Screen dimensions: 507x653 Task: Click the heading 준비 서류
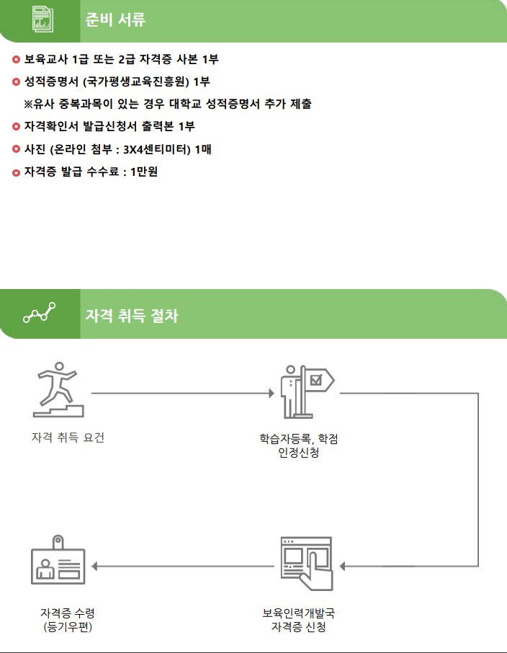[x=115, y=20]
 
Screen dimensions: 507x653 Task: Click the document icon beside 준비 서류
[x=43, y=20]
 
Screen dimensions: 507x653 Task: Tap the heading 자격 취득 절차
[x=132, y=316]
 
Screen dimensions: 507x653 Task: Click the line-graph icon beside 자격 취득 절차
[x=39, y=314]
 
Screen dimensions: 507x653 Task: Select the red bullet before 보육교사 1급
[x=17, y=59]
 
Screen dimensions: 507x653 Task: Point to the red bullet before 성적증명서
[x=17, y=81]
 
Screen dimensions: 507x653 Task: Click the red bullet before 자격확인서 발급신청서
[x=17, y=127]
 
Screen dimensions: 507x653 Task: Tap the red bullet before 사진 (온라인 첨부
[x=17, y=149]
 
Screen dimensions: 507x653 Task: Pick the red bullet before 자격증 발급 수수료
[x=17, y=172]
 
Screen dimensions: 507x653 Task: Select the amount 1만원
[x=144, y=172]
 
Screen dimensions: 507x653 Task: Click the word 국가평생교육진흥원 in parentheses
[x=138, y=81]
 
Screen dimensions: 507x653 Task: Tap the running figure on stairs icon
[x=58, y=391]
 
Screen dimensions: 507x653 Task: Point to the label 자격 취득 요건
[x=68, y=437]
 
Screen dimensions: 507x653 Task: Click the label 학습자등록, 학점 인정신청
[x=298, y=446]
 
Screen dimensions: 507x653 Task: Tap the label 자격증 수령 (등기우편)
[x=68, y=620]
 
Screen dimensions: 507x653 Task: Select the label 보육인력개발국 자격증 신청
[x=298, y=620]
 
